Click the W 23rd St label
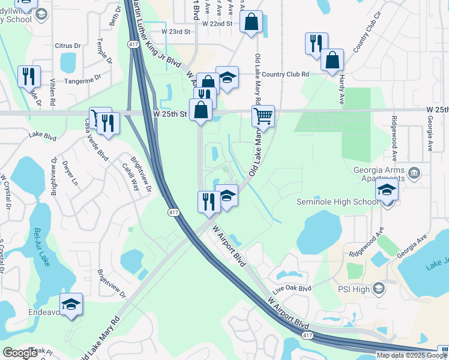click(x=175, y=31)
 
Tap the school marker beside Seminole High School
click(x=387, y=192)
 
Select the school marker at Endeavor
click(x=71, y=305)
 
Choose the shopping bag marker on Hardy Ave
click(x=332, y=60)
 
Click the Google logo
click(x=20, y=352)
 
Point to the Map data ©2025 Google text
click(x=411, y=355)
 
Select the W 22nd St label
click(x=217, y=24)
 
